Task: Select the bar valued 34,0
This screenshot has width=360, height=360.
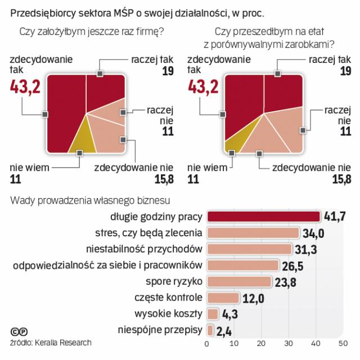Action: point(253,233)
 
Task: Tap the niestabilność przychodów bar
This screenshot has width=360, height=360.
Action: point(249,249)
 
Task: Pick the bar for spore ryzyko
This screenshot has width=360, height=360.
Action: point(239,281)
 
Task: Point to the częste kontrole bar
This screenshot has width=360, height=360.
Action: point(223,298)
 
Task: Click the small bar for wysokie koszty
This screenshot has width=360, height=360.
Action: point(213,314)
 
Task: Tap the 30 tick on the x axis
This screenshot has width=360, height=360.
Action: point(289,343)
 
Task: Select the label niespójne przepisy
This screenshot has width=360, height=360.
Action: point(160,330)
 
